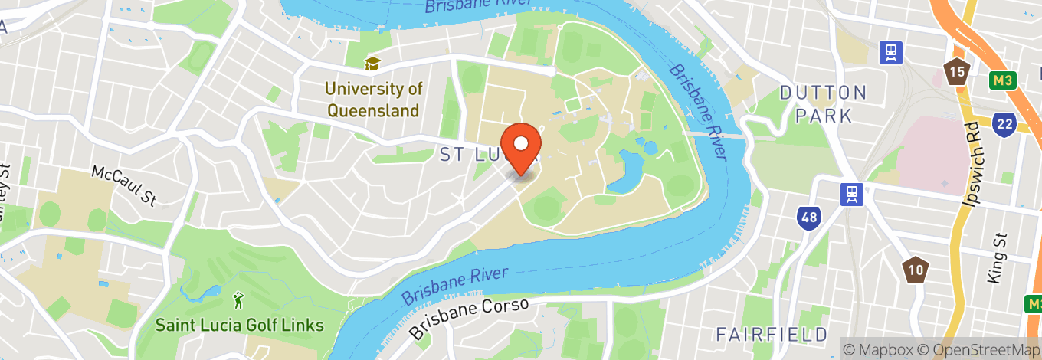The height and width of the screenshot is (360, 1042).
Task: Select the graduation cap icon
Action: (x=373, y=64)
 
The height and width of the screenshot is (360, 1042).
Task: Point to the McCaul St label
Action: (x=124, y=185)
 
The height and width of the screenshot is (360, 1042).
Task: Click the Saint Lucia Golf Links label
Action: (x=239, y=325)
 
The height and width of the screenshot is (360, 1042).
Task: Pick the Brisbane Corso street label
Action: (x=468, y=318)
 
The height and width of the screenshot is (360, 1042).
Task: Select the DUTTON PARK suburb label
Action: (x=823, y=104)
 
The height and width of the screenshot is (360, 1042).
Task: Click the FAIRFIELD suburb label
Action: (x=772, y=334)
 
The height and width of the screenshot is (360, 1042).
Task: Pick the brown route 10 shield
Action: (x=915, y=268)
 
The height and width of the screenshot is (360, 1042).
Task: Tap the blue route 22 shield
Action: (x=1004, y=124)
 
